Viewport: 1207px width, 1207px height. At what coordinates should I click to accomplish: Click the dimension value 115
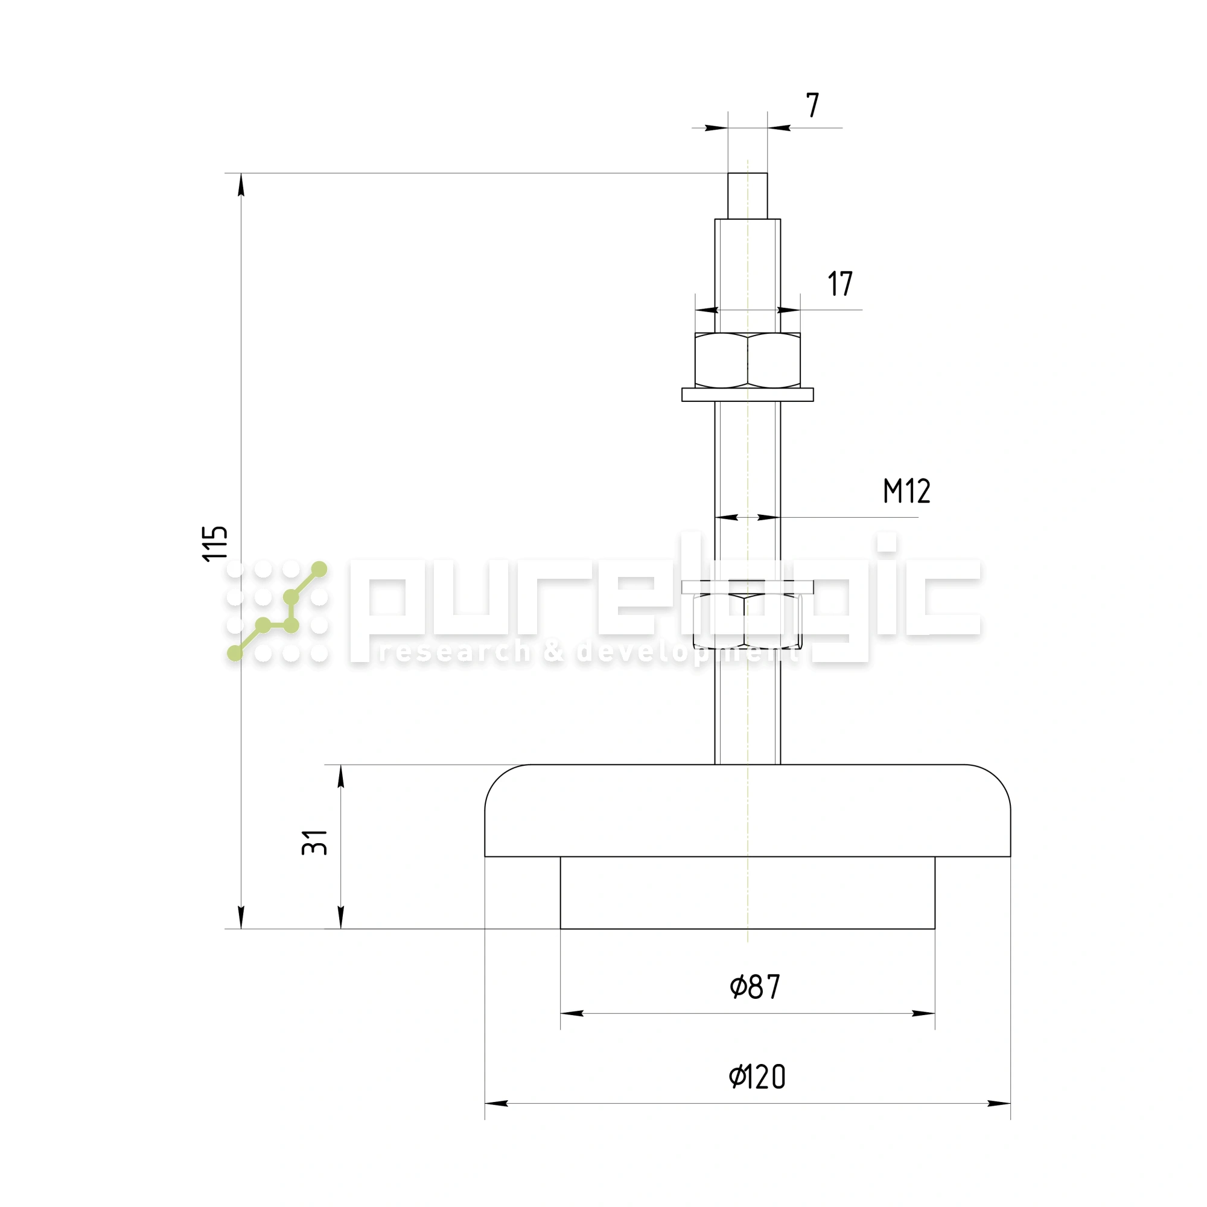pos(215,544)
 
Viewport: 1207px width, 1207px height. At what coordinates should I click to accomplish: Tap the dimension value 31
pos(315,842)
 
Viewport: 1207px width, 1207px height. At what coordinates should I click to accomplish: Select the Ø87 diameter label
pos(755,987)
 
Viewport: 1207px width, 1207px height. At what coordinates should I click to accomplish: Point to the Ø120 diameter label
pos(757,1077)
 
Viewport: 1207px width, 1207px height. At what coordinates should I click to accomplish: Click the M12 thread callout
pos(906,491)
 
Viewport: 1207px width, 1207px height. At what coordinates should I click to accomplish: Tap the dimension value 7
pos(812,106)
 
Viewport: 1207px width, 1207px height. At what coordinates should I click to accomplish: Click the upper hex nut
pos(748,360)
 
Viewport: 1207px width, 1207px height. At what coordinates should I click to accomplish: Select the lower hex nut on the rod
pos(747,621)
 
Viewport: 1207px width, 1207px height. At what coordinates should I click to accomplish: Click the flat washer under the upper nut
pos(748,395)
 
